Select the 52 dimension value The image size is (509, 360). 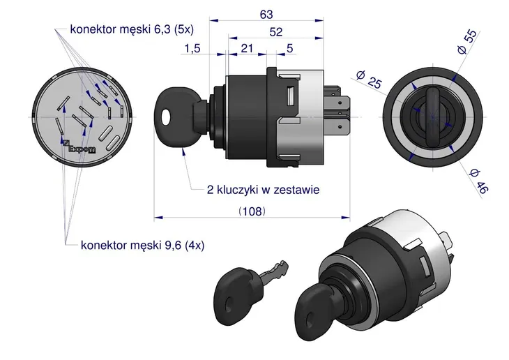click(x=277, y=31)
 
